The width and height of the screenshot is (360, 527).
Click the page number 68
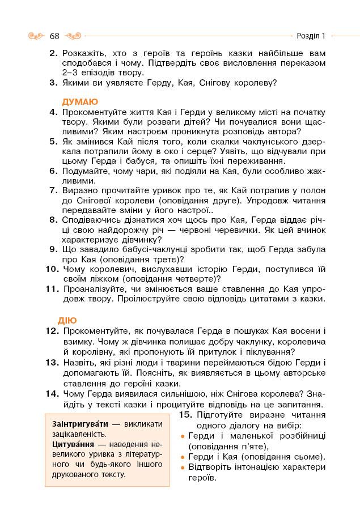click(x=54, y=36)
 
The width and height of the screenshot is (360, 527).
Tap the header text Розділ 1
click(x=311, y=36)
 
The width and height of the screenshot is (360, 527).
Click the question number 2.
click(x=54, y=53)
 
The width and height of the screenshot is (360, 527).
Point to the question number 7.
click(x=54, y=190)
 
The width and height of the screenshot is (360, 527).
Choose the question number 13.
click(x=52, y=362)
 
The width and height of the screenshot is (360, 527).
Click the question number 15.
click(x=185, y=415)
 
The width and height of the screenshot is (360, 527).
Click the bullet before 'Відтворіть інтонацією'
click(x=183, y=468)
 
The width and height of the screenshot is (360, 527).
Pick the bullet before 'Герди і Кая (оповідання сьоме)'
click(x=183, y=457)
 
